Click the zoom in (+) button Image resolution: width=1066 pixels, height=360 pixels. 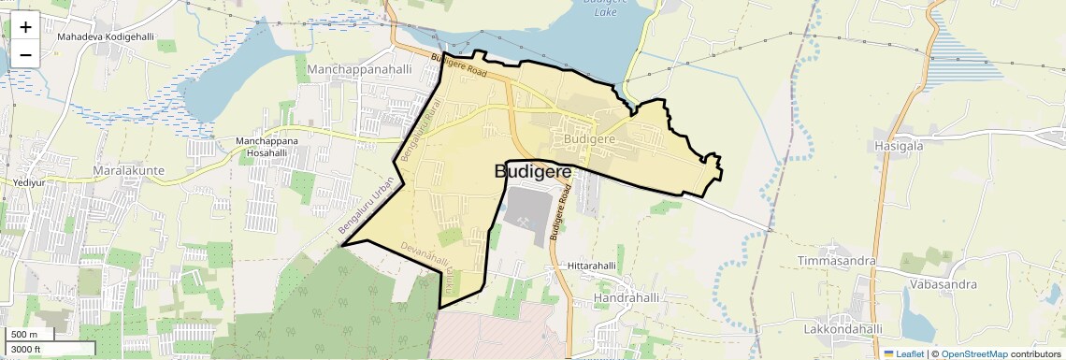point(25,27)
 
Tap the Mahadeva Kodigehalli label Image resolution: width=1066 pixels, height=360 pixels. point(105,36)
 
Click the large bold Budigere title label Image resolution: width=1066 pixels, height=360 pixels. point(532,172)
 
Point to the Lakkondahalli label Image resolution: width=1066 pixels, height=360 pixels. point(843,329)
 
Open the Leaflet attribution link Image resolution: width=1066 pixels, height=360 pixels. point(904,353)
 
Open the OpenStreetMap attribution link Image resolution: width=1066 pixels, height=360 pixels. point(973,353)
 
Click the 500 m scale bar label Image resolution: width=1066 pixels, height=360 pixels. point(23,335)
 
